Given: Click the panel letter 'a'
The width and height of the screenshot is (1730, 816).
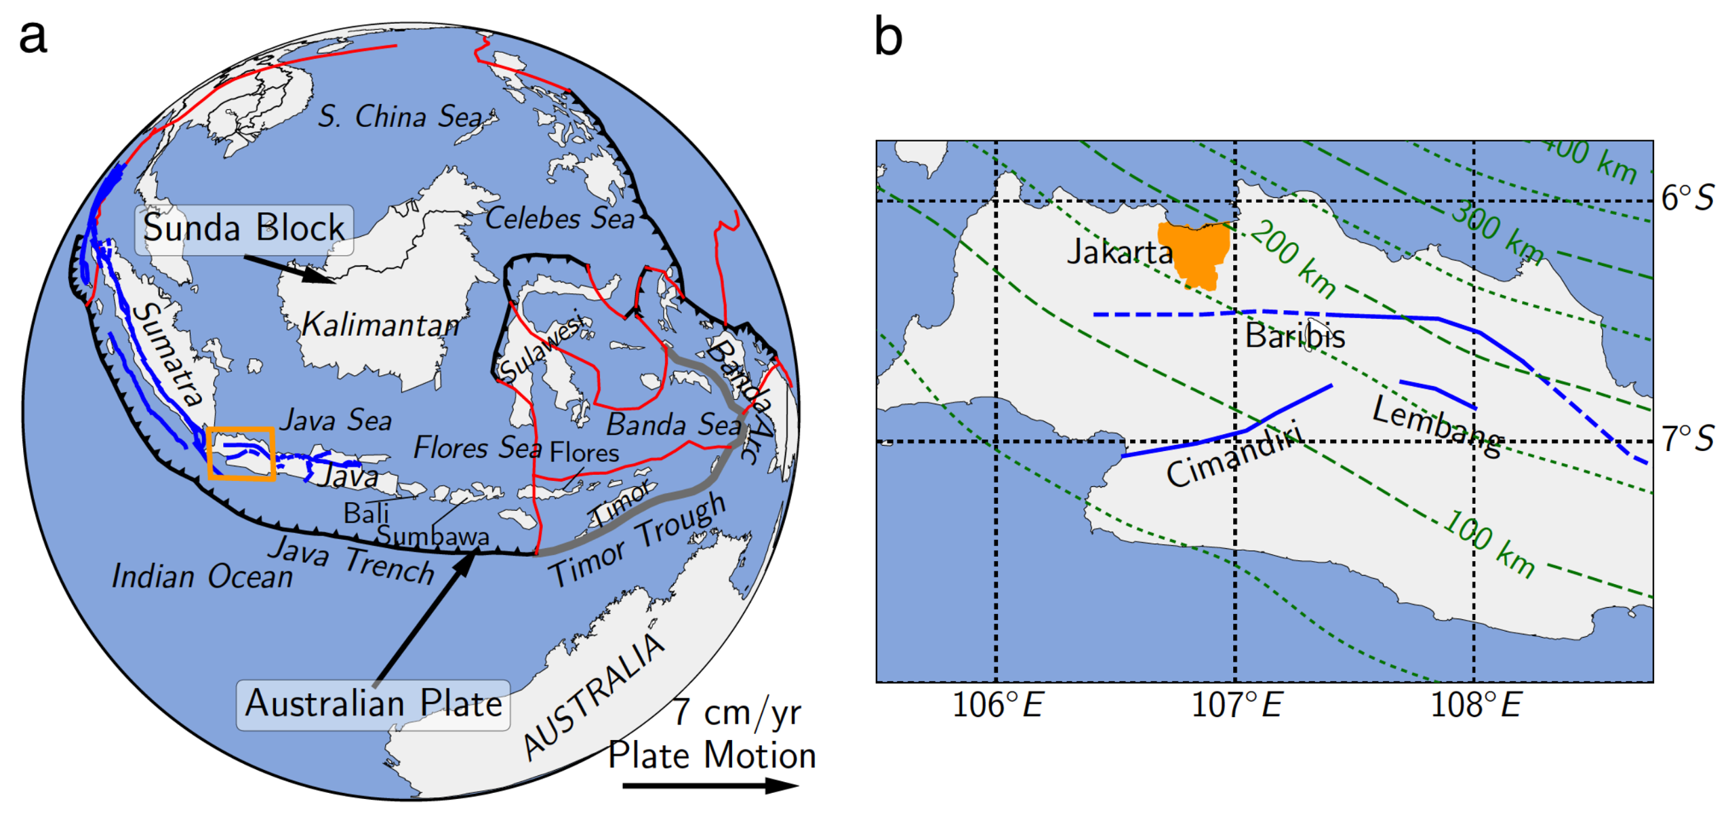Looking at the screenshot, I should pyautogui.click(x=33, y=37).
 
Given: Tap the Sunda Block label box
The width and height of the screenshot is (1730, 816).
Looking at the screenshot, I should pyautogui.click(x=243, y=229).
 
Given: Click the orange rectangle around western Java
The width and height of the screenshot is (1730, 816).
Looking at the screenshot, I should pyautogui.click(x=241, y=453).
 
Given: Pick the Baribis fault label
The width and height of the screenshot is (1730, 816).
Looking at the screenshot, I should pyautogui.click(x=1294, y=336).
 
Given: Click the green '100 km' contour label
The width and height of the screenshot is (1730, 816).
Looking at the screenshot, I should pyautogui.click(x=1488, y=544).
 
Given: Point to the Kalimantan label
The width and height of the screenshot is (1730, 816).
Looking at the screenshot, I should pyautogui.click(x=380, y=325).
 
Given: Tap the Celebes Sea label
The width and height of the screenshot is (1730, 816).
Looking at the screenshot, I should pyautogui.click(x=559, y=218).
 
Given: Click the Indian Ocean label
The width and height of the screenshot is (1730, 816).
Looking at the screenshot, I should pyautogui.click(x=202, y=577).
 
